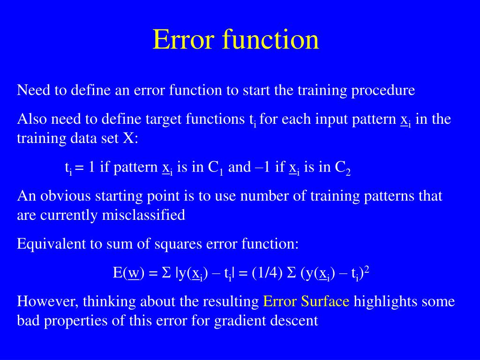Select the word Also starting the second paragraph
(32, 119)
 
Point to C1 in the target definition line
(215, 167)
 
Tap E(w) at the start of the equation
(128, 273)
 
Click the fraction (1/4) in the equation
(267, 273)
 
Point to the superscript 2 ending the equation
(367, 270)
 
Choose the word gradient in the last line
(235, 321)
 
